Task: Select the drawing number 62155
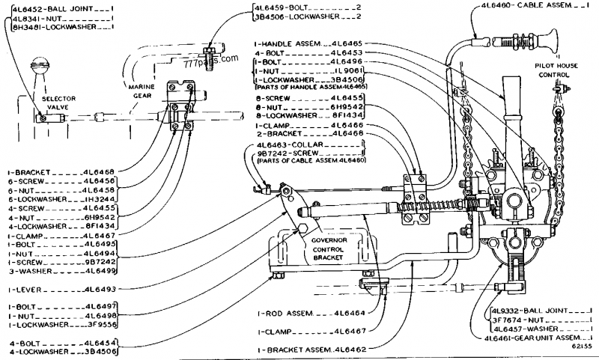click(x=579, y=346)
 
